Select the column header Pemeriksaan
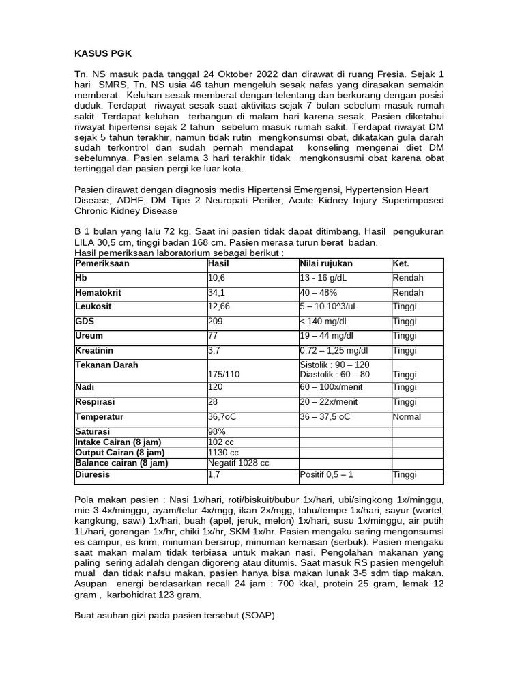pyautogui.click(x=102, y=263)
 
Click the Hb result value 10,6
pyautogui.click(x=217, y=278)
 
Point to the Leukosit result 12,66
pyautogui.click(x=219, y=306)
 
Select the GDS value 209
pyautogui.click(x=216, y=321)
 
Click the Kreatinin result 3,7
pyautogui.click(x=214, y=350)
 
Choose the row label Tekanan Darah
pyautogui.click(x=106, y=365)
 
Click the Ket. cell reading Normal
pyautogui.click(x=407, y=416)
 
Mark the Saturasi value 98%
pyautogui.click(x=216, y=431)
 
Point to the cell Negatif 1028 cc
pyautogui.click(x=238, y=463)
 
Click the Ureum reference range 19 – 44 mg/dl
pyautogui.click(x=329, y=335)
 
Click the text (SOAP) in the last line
pyautogui.click(x=253, y=614)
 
